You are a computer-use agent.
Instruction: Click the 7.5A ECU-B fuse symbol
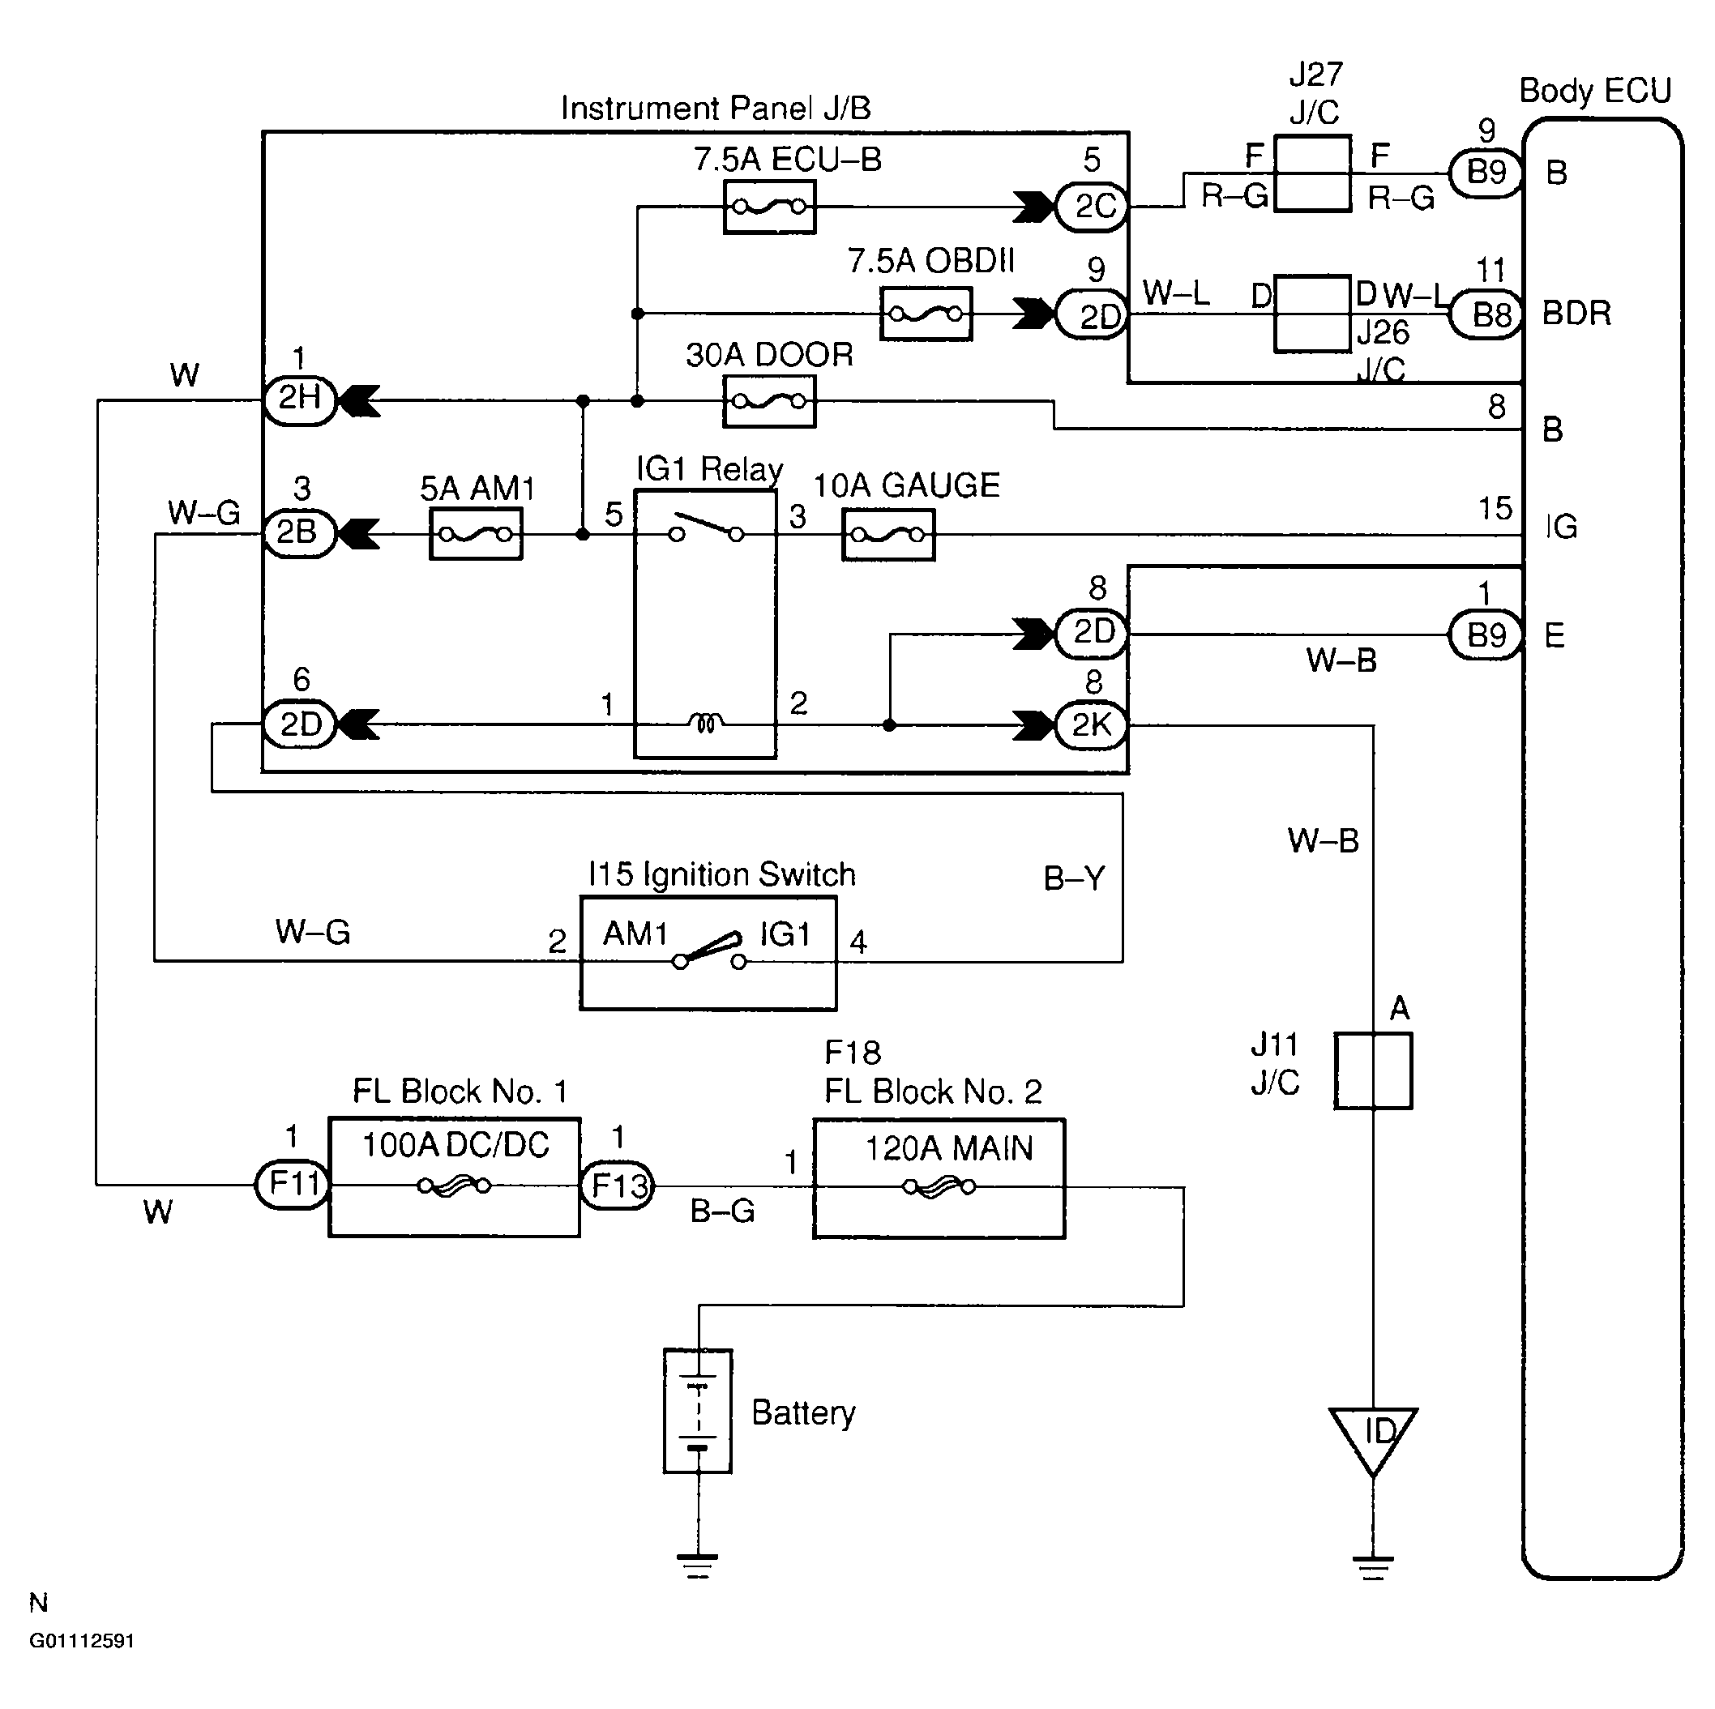pyautogui.click(x=768, y=207)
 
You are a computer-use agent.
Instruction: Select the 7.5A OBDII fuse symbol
pyautogui.click(x=926, y=314)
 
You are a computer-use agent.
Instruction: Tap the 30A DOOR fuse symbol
pyautogui.click(x=768, y=401)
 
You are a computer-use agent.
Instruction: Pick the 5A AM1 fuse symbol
pyautogui.click(x=476, y=534)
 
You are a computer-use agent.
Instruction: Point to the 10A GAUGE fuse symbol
pyautogui.click(x=887, y=535)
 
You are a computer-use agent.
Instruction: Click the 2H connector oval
pyautogui.click(x=300, y=400)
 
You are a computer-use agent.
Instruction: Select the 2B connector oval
pyautogui.click(x=298, y=533)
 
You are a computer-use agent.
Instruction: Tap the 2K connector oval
pyautogui.click(x=1092, y=726)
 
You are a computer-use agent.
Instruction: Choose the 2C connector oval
pyautogui.click(x=1093, y=207)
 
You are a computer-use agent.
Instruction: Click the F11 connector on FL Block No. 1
pyautogui.click(x=292, y=1185)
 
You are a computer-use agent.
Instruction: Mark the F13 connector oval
pyautogui.click(x=617, y=1186)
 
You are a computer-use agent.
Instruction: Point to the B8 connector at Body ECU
pyautogui.click(x=1486, y=315)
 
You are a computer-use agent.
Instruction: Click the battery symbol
pyautogui.click(x=698, y=1411)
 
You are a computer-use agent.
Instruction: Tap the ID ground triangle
pyautogui.click(x=1373, y=1436)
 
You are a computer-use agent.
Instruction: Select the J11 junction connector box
pyautogui.click(x=1373, y=1070)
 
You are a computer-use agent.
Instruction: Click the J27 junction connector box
pyautogui.click(x=1312, y=174)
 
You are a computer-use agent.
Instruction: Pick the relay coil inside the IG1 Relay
pyautogui.click(x=705, y=724)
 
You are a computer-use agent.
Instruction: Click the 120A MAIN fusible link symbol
pyautogui.click(x=939, y=1186)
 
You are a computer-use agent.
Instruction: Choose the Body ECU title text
pyautogui.click(x=1594, y=92)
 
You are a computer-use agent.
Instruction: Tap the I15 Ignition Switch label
pyautogui.click(x=721, y=875)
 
